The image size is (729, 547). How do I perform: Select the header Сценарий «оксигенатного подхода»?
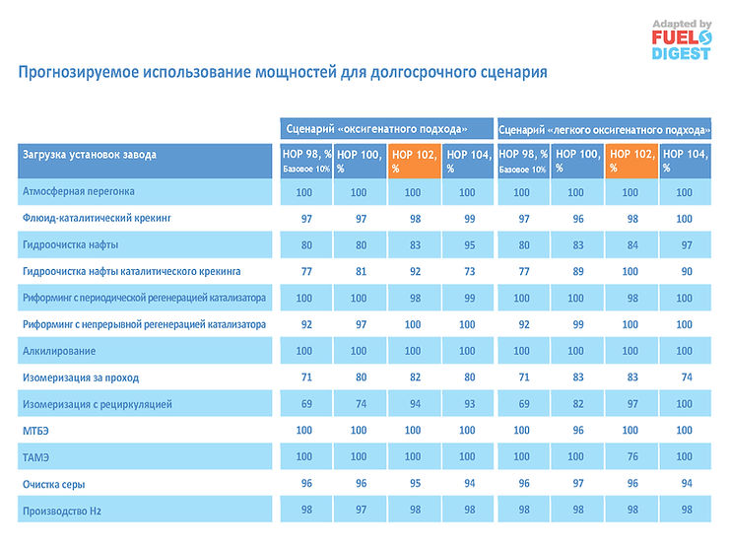pos(383,129)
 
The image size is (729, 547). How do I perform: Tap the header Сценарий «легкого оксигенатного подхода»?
pos(604,129)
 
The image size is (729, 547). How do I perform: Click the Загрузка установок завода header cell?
pos(145,161)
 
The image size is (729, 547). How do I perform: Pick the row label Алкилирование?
pos(58,351)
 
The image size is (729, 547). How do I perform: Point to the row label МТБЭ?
pos(35,431)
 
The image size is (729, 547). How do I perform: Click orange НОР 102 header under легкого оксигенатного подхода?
pos(630,161)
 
